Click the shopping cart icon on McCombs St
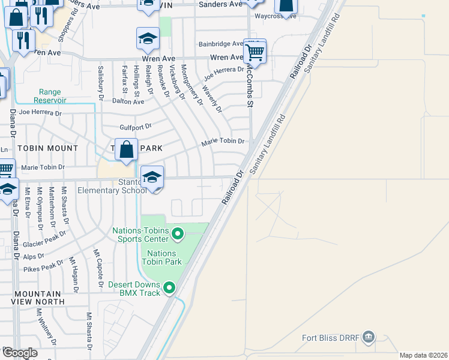(255, 52)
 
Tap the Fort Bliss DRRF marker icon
(369, 337)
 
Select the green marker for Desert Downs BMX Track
(170, 289)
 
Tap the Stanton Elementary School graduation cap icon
(152, 178)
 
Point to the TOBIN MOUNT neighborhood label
(48, 148)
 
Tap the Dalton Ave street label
(128, 101)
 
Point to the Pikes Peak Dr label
(43, 265)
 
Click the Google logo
(20, 353)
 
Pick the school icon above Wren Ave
(147, 39)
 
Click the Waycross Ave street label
(276, 16)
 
